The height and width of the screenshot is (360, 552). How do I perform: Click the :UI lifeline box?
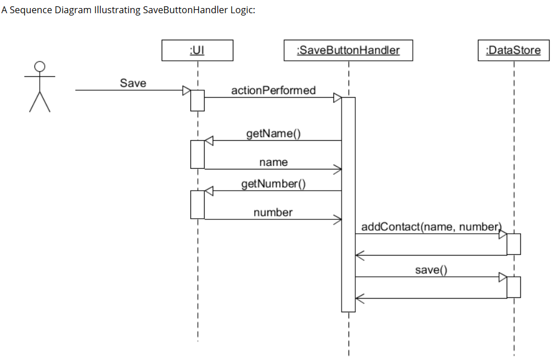[x=197, y=50]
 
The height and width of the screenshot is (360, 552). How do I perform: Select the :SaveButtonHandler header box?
[x=348, y=50]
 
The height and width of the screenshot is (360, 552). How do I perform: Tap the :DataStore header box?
[x=513, y=50]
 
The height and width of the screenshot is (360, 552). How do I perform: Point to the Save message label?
[x=133, y=83]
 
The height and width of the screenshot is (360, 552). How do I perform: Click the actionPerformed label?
[x=273, y=90]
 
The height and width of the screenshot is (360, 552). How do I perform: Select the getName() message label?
[x=273, y=134]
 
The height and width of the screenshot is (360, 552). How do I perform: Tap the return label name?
[x=273, y=162]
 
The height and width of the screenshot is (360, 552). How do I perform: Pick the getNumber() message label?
[x=273, y=184]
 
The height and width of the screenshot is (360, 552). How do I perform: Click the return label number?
[x=273, y=212]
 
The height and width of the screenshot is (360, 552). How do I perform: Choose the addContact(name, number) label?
[x=431, y=227]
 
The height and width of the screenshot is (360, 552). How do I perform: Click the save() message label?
[x=431, y=270]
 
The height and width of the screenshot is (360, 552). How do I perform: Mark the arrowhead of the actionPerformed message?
[x=338, y=98]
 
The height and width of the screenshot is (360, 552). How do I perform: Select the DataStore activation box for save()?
[x=513, y=287]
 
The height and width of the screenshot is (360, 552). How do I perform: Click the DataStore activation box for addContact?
[x=513, y=244]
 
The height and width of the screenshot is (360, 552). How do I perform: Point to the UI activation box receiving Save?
[x=197, y=100]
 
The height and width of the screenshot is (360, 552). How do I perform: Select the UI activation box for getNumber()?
[x=197, y=205]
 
